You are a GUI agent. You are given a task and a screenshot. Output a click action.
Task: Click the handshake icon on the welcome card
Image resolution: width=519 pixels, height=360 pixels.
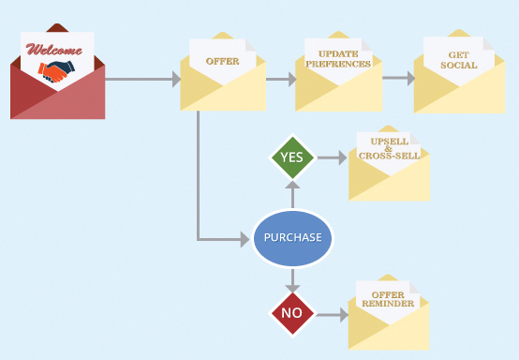click(57, 70)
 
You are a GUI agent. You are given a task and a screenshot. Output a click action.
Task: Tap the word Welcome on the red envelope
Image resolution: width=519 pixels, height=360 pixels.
click(54, 49)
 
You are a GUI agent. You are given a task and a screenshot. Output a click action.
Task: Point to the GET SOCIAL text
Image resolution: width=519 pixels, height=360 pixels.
click(458, 60)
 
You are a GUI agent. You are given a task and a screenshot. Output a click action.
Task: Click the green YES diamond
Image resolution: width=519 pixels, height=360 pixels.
click(291, 157)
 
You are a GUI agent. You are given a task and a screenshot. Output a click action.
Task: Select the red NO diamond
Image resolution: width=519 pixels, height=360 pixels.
click(291, 313)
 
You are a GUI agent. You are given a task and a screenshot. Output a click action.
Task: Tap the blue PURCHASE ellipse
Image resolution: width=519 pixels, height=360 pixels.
click(292, 238)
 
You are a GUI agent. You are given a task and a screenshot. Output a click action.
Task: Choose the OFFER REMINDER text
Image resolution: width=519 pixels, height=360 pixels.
click(388, 299)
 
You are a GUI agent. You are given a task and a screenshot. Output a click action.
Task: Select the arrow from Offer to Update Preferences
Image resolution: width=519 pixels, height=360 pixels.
click(280, 79)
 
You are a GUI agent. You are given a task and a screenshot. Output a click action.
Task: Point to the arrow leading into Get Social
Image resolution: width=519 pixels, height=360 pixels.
click(397, 79)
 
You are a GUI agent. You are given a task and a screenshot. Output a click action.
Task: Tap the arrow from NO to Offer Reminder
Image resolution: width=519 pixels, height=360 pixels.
click(332, 314)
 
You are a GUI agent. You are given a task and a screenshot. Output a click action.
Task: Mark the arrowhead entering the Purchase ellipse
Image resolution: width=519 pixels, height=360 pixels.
click(246, 240)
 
